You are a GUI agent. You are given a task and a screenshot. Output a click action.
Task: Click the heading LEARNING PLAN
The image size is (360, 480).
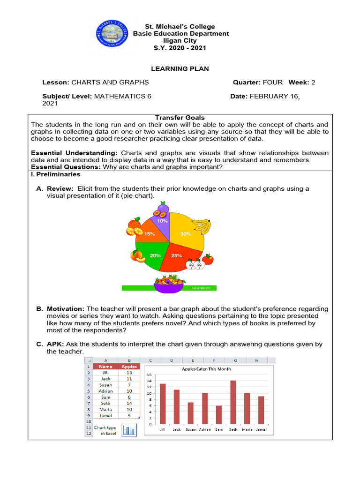pos(180,69)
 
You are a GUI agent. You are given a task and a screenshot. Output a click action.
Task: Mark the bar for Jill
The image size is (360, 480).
pos(163,404)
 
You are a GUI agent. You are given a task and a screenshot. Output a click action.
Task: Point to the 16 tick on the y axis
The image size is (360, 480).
pos(149,375)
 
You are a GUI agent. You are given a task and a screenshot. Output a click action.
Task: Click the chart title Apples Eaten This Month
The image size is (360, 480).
pos(206,369)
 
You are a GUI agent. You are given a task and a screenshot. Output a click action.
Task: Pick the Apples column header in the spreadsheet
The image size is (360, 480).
pos(129,366)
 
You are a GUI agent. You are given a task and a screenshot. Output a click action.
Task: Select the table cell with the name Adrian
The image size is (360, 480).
pos(106,390)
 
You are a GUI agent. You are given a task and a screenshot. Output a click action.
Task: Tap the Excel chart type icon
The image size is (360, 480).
pos(129,430)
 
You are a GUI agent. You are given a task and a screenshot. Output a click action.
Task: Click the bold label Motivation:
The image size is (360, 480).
pos(65,309)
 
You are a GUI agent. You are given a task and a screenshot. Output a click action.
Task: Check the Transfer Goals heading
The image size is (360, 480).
pos(180,118)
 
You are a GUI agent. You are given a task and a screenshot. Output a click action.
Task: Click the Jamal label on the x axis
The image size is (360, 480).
pos(261,429)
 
